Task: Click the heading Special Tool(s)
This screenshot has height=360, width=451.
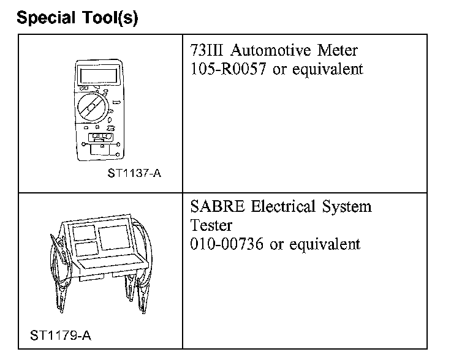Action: (x=78, y=18)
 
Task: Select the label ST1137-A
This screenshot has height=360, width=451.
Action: (x=134, y=173)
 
